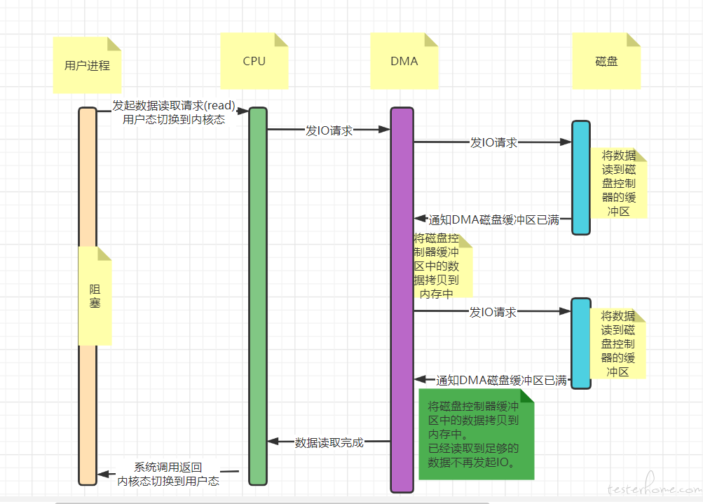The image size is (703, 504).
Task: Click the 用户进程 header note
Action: point(87,65)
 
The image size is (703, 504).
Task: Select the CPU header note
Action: point(254,61)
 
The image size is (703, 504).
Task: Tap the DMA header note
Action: point(404,61)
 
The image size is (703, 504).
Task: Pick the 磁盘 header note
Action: point(606,61)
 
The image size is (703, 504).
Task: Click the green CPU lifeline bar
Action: point(258,296)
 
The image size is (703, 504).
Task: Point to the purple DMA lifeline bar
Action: point(402,299)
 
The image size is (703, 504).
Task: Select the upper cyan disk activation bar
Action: point(580,177)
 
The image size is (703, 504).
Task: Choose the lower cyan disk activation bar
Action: point(580,343)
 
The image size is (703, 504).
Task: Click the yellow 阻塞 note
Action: point(95,296)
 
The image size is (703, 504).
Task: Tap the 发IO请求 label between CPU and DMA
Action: point(329,130)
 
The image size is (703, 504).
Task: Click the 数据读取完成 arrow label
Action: point(329,442)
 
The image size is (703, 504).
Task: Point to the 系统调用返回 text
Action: point(168,468)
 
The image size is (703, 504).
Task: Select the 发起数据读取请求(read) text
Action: point(174,105)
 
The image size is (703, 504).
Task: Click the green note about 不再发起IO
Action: point(476,434)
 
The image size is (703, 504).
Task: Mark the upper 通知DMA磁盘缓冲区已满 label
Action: point(494,219)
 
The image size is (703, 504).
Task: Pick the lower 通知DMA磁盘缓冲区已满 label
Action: point(502,380)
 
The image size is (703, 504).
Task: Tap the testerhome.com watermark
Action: point(655,485)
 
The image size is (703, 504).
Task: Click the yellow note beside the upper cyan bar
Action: point(619,183)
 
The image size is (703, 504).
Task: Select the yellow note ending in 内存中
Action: point(442,266)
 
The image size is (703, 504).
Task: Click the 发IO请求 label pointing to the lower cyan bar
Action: point(493,312)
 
